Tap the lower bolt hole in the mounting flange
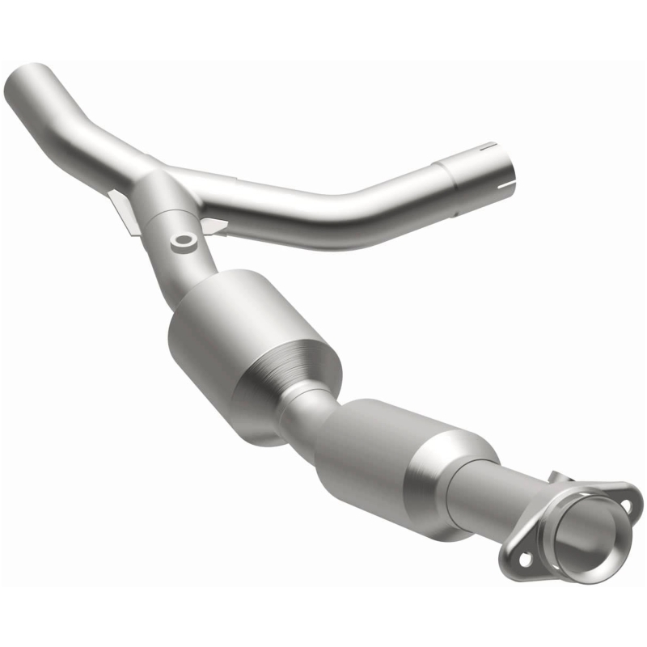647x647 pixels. (x=523, y=557)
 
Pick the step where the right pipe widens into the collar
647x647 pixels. (x=437, y=174)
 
